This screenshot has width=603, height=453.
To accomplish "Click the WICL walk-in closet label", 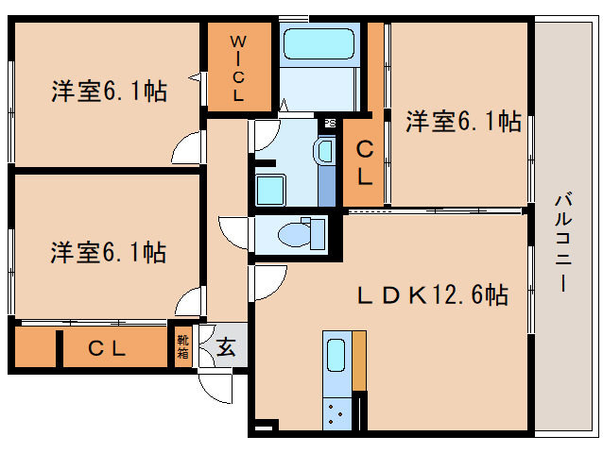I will pyautogui.click(x=238, y=67).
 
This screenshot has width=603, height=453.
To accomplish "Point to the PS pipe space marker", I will pyautogui.click(x=330, y=123).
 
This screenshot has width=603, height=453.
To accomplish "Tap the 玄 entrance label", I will pyautogui.click(x=227, y=347).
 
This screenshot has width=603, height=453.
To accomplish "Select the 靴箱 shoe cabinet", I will pyautogui.click(x=183, y=347).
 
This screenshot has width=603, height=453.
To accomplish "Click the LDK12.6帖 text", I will pyautogui.click(x=433, y=296).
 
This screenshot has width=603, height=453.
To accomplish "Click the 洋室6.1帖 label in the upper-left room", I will pyautogui.click(x=109, y=92).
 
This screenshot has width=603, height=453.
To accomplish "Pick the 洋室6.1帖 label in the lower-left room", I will pyautogui.click(x=109, y=252).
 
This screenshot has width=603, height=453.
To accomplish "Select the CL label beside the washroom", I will pyautogui.click(x=364, y=161).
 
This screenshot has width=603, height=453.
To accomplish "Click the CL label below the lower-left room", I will pyautogui.click(x=108, y=348).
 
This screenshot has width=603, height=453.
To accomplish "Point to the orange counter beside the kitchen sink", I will pyautogui.click(x=358, y=360).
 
